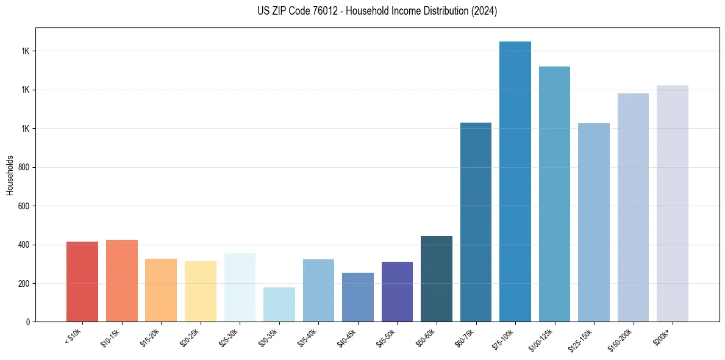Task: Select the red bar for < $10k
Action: (x=82, y=281)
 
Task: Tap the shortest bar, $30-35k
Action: (x=279, y=304)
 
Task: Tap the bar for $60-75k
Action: (x=476, y=222)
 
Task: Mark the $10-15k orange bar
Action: (x=121, y=281)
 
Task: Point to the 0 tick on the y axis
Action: (x=29, y=322)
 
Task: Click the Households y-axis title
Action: (x=10, y=175)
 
